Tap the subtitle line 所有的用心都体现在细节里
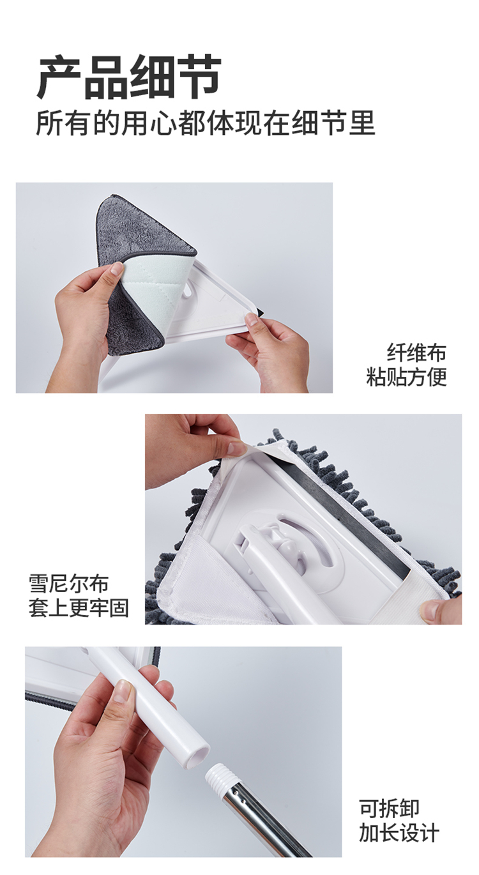[x=206, y=123]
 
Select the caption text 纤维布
[x=416, y=353]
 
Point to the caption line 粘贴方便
[x=406, y=377]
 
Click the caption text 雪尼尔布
[x=68, y=584]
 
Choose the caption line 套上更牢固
[x=79, y=608]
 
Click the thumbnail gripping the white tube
[x=125, y=690]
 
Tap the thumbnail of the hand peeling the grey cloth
[x=116, y=269]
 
